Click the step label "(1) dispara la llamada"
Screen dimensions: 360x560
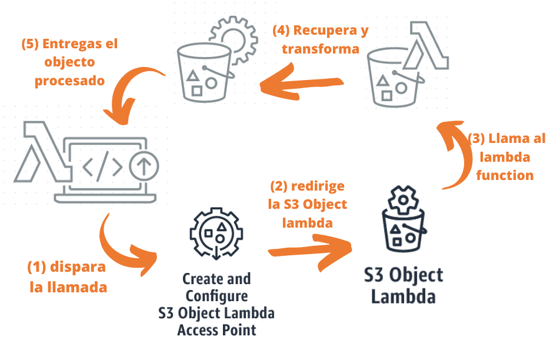point(67,277)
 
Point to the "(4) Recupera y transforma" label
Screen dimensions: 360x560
point(320,39)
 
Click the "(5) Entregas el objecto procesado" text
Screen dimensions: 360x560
point(69,62)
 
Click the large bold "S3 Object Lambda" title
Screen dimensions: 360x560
point(403,285)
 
